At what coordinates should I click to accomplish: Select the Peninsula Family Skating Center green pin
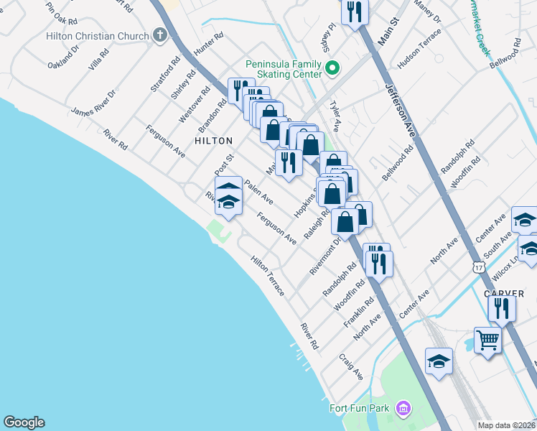pos(332,69)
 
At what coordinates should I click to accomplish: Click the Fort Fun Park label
pos(359,409)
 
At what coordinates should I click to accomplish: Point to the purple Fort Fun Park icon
pos(402,409)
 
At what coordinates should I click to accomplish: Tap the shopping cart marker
pos(487,340)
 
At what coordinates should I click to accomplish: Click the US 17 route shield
pos(480,267)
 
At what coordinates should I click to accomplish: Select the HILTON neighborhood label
pos(213,141)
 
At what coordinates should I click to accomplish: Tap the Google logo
pos(24,422)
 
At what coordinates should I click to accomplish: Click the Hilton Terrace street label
pos(268,276)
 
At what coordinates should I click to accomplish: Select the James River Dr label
pos(93,102)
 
